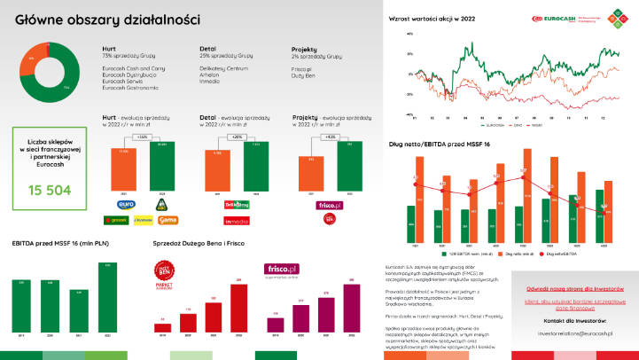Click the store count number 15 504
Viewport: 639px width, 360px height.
pyautogui.click(x=49, y=190)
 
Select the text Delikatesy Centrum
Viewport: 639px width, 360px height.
pyautogui.click(x=220, y=67)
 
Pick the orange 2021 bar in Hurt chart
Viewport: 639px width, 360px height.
pyautogui.click(x=125, y=170)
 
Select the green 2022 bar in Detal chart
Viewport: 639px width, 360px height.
pyautogui.click(x=256, y=168)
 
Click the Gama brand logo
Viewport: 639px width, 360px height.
pyautogui.click(x=167, y=217)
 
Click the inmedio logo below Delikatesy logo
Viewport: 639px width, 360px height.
pyautogui.click(x=236, y=218)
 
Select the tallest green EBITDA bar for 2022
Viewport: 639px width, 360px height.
pyautogui.click(x=108, y=300)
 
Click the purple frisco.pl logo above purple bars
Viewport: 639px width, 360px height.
pyautogui.click(x=282, y=270)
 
